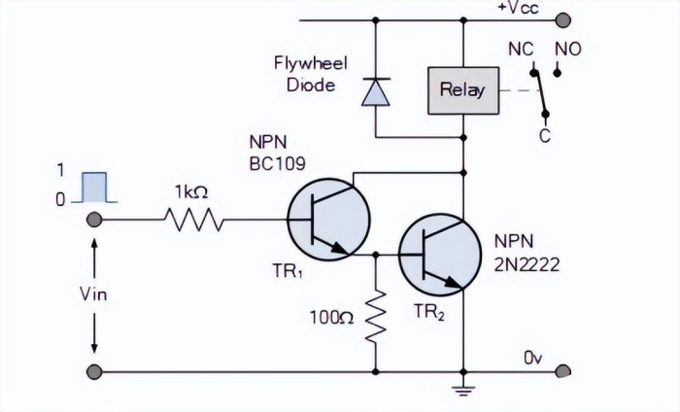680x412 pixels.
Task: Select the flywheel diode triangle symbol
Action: [x=374, y=92]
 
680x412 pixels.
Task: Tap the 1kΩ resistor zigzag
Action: [x=195, y=222]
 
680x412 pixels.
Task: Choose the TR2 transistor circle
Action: [x=441, y=255]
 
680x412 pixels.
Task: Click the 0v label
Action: [x=532, y=358]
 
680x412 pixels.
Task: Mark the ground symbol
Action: [x=463, y=392]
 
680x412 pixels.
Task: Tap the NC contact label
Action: [x=521, y=48]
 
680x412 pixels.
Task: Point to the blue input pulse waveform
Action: [x=93, y=187]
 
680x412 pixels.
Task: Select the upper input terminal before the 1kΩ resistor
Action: [x=94, y=222]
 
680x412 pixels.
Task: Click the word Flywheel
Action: [x=305, y=65]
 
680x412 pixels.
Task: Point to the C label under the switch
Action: [x=544, y=137]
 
